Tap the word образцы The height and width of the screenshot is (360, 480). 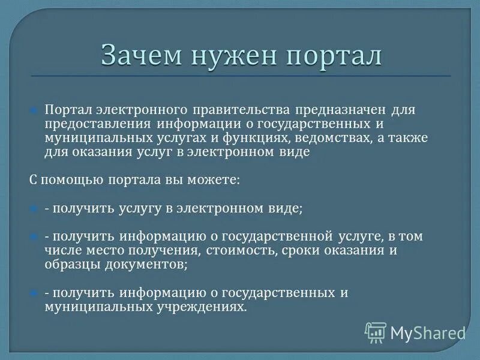(68, 264)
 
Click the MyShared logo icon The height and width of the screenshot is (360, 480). (376, 332)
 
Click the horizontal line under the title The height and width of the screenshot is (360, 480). (240, 76)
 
